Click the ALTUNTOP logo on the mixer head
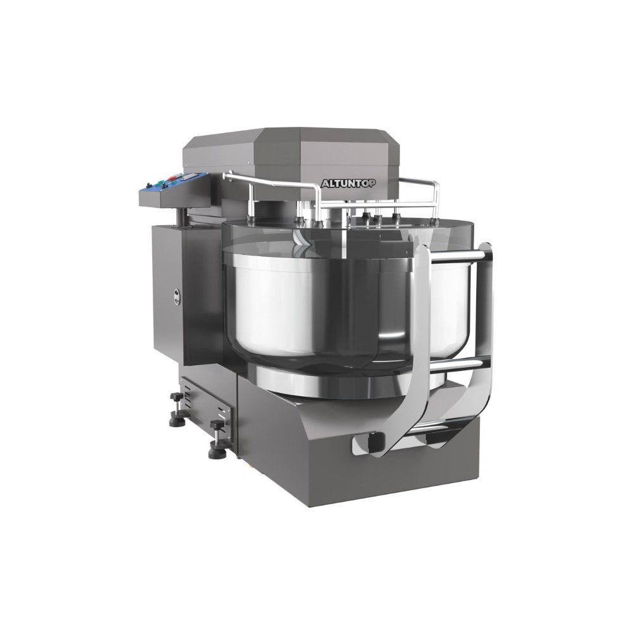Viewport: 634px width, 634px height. (348, 183)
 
